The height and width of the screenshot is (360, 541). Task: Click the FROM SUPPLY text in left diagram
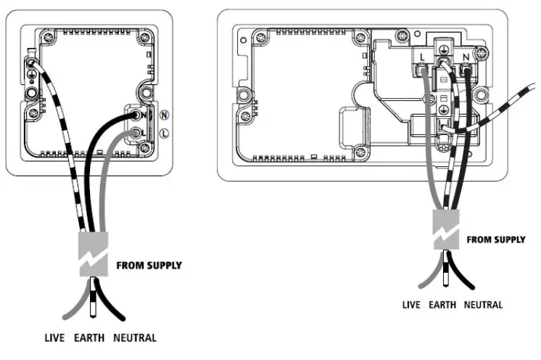(149, 266)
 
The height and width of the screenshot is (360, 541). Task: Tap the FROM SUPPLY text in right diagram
(495, 239)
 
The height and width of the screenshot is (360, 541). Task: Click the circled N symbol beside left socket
(165, 115)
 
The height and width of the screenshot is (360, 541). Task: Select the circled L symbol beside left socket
(165, 133)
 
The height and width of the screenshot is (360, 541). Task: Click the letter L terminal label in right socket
(421, 56)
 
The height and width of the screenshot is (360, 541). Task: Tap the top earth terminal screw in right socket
(442, 49)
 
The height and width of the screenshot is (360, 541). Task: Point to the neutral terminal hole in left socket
(136, 115)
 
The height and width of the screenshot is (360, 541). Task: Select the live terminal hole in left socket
(135, 134)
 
